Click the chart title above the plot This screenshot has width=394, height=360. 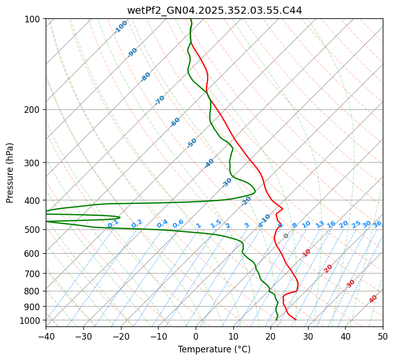(x=214, y=11)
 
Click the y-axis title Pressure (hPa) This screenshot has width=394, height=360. (x=10, y=173)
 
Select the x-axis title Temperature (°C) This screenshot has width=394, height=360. (x=214, y=349)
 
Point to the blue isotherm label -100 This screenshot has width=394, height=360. (x=120, y=27)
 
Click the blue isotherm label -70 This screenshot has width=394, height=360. (x=160, y=100)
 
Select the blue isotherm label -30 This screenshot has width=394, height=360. (x=227, y=183)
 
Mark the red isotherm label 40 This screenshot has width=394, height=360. (x=373, y=299)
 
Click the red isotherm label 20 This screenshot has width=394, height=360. (x=328, y=268)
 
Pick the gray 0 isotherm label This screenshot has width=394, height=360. (x=286, y=236)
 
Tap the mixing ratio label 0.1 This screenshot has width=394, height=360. (x=113, y=223)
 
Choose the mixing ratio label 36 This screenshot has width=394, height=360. (x=377, y=224)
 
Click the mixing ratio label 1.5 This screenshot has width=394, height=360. (x=216, y=223)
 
